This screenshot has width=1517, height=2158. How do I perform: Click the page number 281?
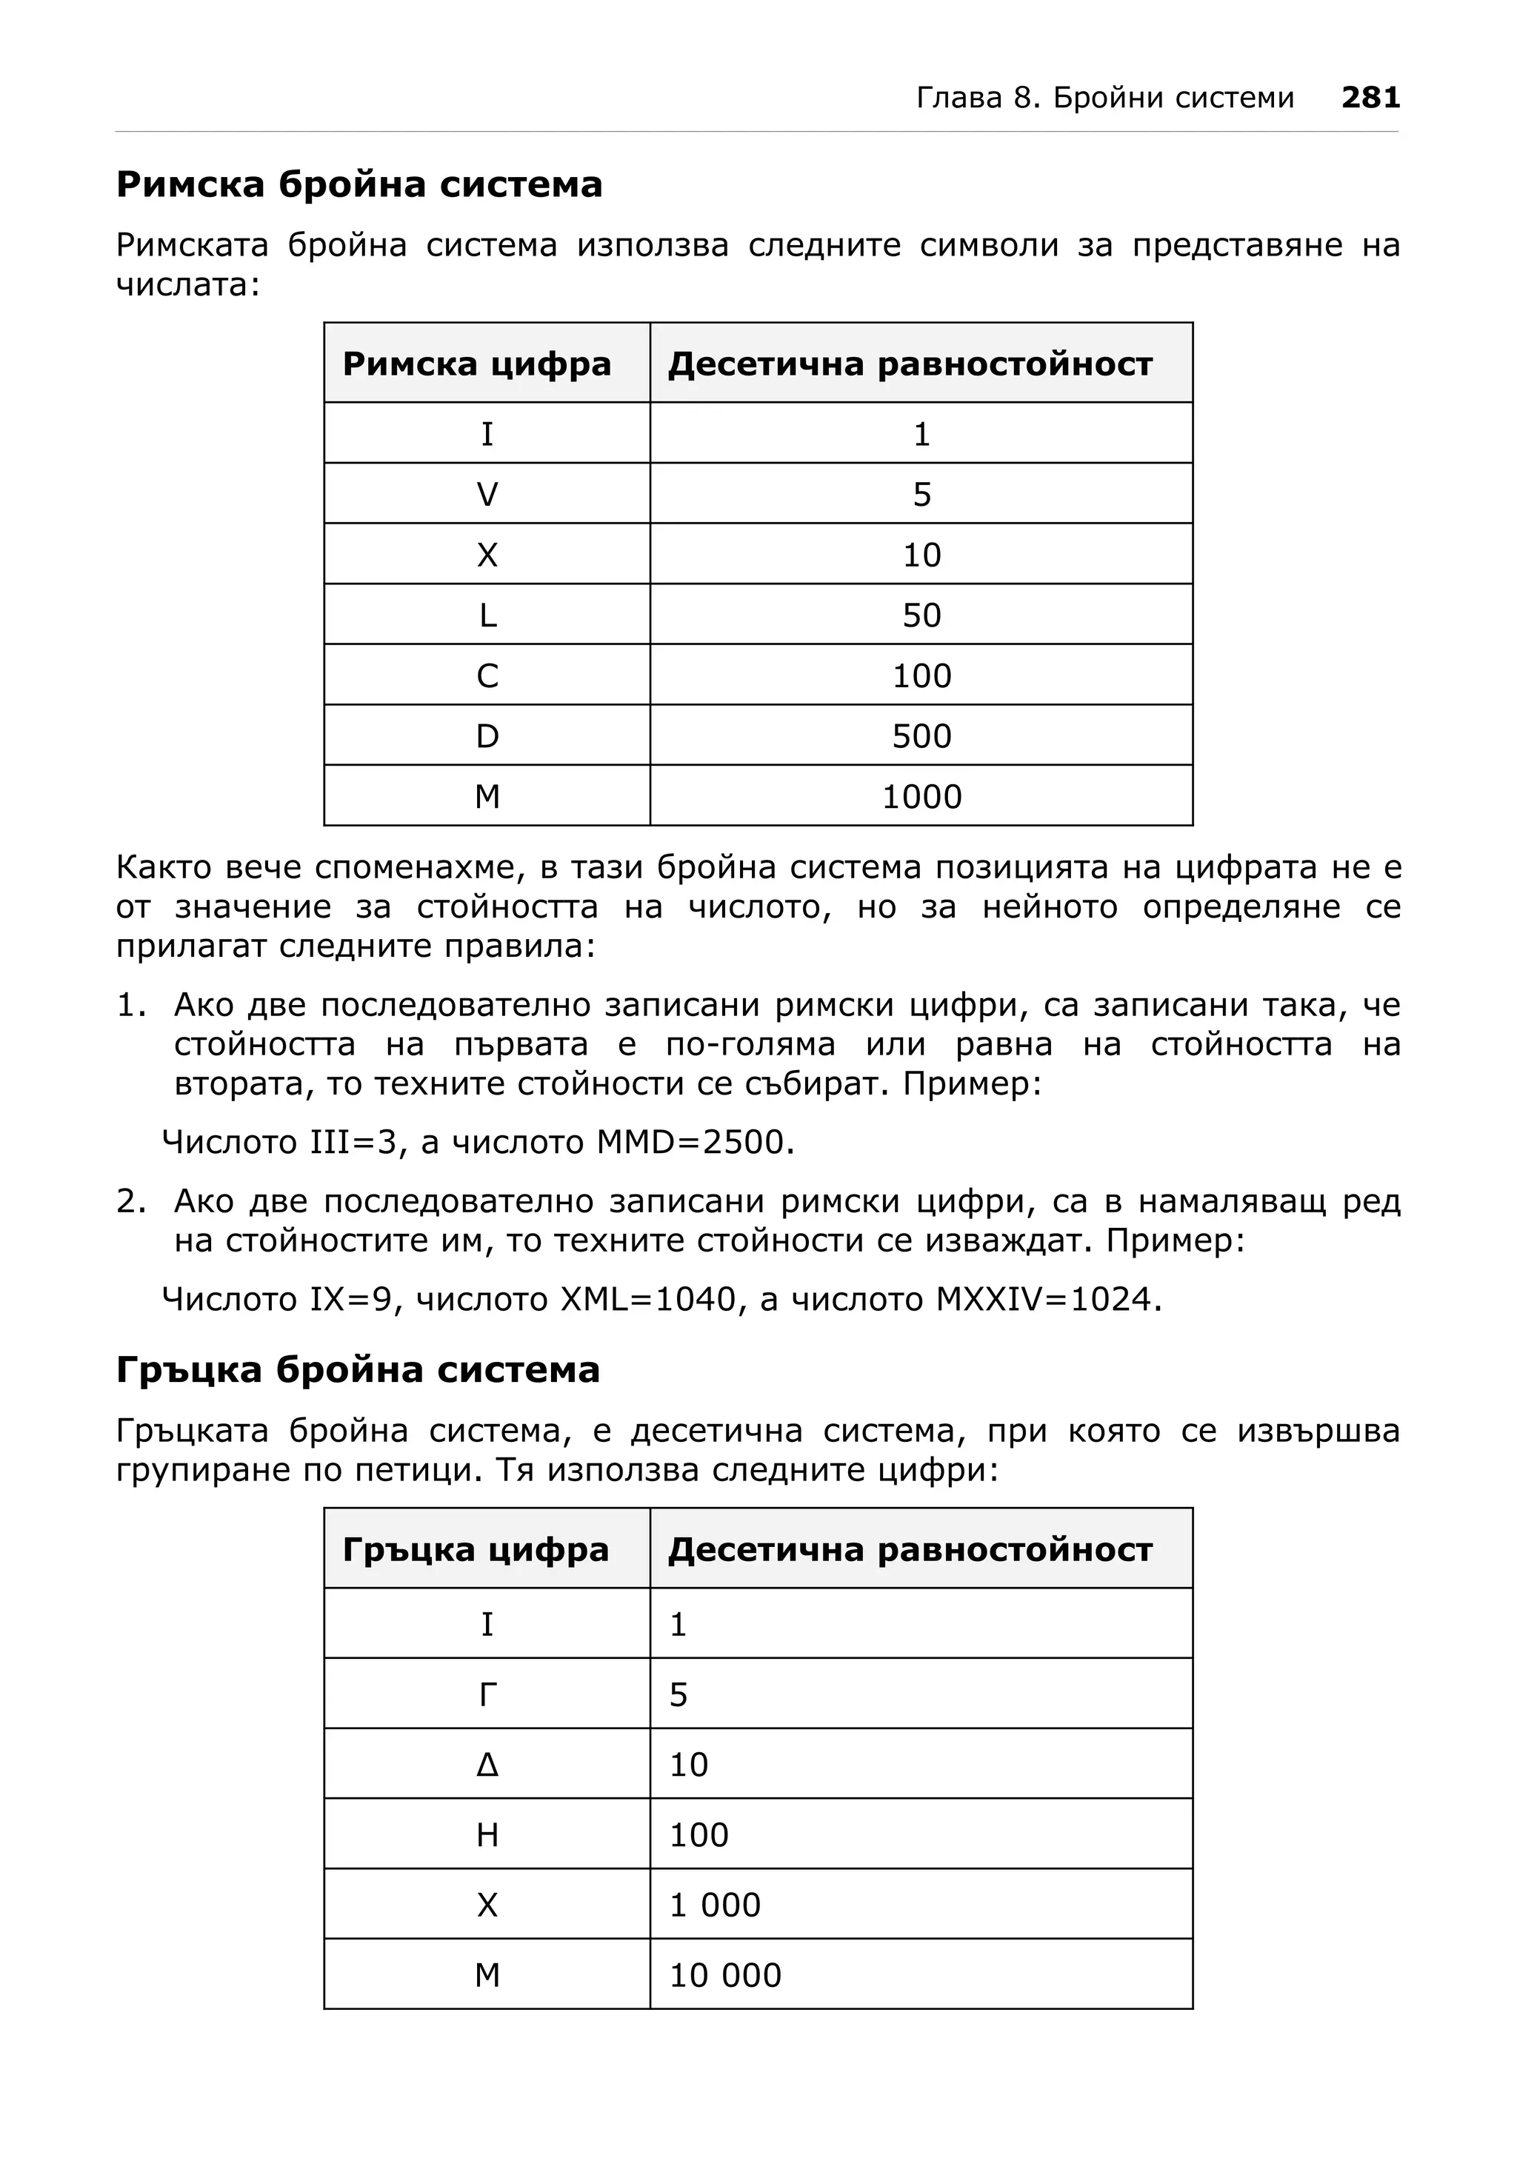point(1370,98)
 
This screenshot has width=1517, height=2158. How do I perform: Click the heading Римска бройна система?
point(359,184)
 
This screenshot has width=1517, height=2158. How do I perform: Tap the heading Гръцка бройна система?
point(358,1369)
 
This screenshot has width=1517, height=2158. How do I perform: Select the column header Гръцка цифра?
point(476,1549)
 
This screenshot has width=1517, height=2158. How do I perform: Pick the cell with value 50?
point(921,615)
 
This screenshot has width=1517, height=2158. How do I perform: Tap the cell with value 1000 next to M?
point(921,797)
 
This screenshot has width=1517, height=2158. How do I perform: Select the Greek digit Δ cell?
point(487,1764)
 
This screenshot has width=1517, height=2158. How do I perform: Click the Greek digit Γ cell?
point(487,1694)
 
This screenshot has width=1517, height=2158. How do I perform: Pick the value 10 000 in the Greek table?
point(724,1975)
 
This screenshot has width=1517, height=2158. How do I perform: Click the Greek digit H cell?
point(487,1834)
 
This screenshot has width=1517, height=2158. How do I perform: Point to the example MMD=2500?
point(695,1142)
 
